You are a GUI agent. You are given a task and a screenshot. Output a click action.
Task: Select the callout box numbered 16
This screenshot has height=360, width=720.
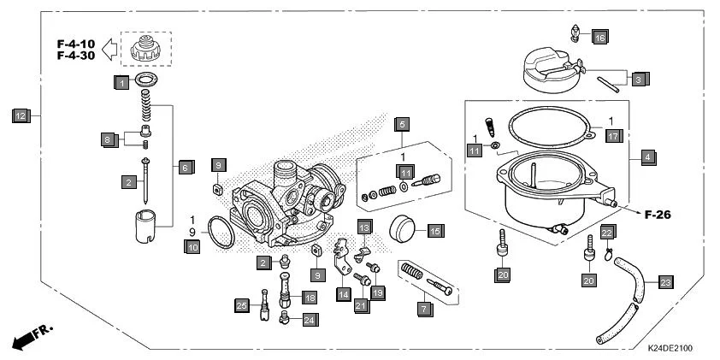click(599, 37)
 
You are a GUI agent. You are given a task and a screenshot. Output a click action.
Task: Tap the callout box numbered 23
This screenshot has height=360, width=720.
click(666, 281)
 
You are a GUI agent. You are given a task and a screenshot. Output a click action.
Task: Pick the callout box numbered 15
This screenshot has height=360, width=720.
click(435, 230)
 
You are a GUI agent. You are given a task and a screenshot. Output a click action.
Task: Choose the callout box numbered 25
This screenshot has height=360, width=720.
click(241, 305)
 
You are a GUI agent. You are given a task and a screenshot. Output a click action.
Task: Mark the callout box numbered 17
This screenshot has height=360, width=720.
click(612, 134)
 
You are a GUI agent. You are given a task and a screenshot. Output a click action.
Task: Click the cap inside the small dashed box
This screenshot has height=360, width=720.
click(146, 49)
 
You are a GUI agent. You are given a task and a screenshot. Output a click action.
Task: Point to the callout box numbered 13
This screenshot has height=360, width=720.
click(364, 227)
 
